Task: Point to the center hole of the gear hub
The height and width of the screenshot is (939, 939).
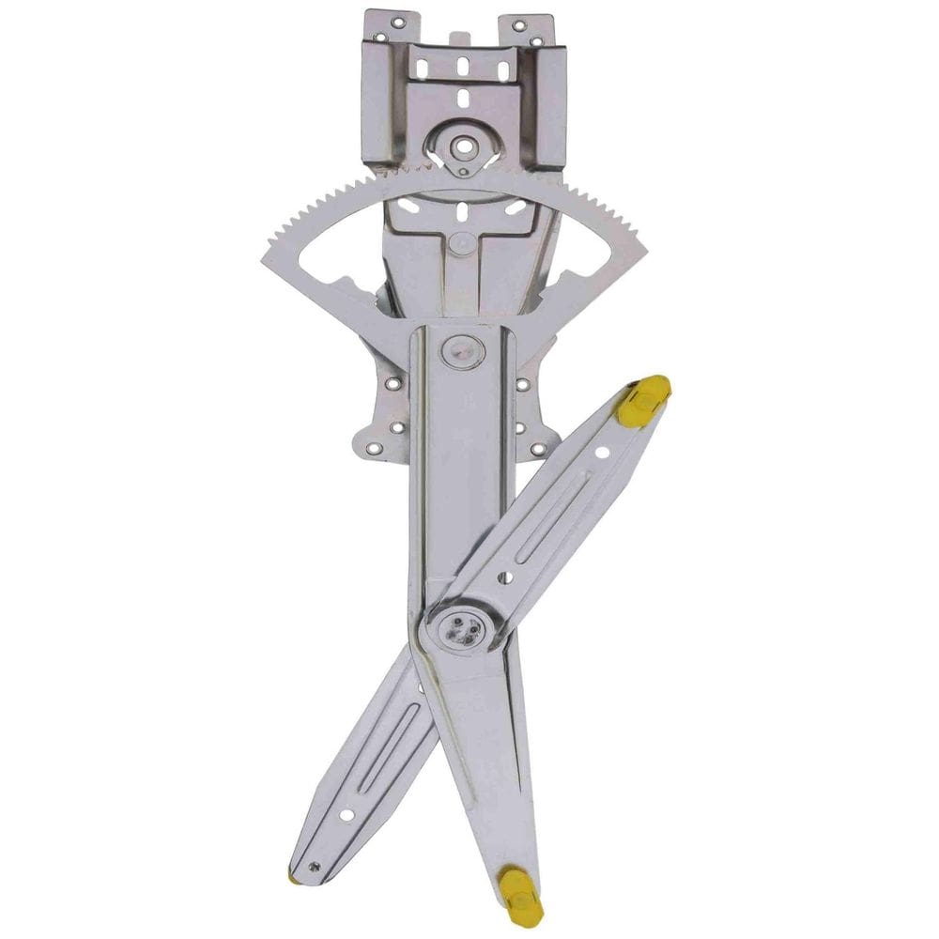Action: coord(462,146)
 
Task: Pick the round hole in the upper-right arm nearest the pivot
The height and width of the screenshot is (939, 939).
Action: coord(504,577)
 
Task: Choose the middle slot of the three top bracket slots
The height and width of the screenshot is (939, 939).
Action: coord(462,69)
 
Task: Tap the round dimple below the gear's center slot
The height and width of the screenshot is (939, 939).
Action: coord(460,243)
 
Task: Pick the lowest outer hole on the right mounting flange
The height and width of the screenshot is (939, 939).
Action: coord(539,449)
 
